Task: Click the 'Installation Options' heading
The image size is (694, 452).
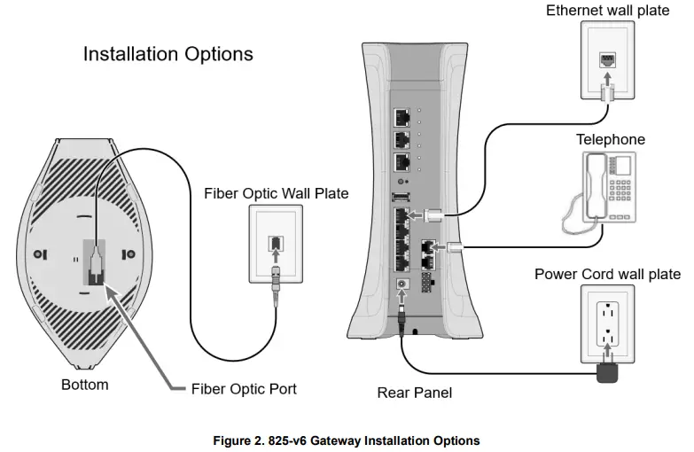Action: click(x=168, y=54)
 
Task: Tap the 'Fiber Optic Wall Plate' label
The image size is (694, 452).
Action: click(x=276, y=193)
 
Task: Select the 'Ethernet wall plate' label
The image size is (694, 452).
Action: click(x=607, y=11)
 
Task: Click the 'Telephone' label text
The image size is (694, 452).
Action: click(x=611, y=139)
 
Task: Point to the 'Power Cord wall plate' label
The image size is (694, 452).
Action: click(x=607, y=274)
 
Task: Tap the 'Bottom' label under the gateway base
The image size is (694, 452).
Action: click(x=85, y=385)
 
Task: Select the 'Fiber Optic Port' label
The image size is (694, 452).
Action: click(x=244, y=389)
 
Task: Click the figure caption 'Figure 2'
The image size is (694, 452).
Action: click(x=346, y=440)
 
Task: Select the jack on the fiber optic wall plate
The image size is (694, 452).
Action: click(x=276, y=241)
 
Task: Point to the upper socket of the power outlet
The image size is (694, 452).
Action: click(x=608, y=313)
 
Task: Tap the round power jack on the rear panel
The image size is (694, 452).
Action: click(x=403, y=285)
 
